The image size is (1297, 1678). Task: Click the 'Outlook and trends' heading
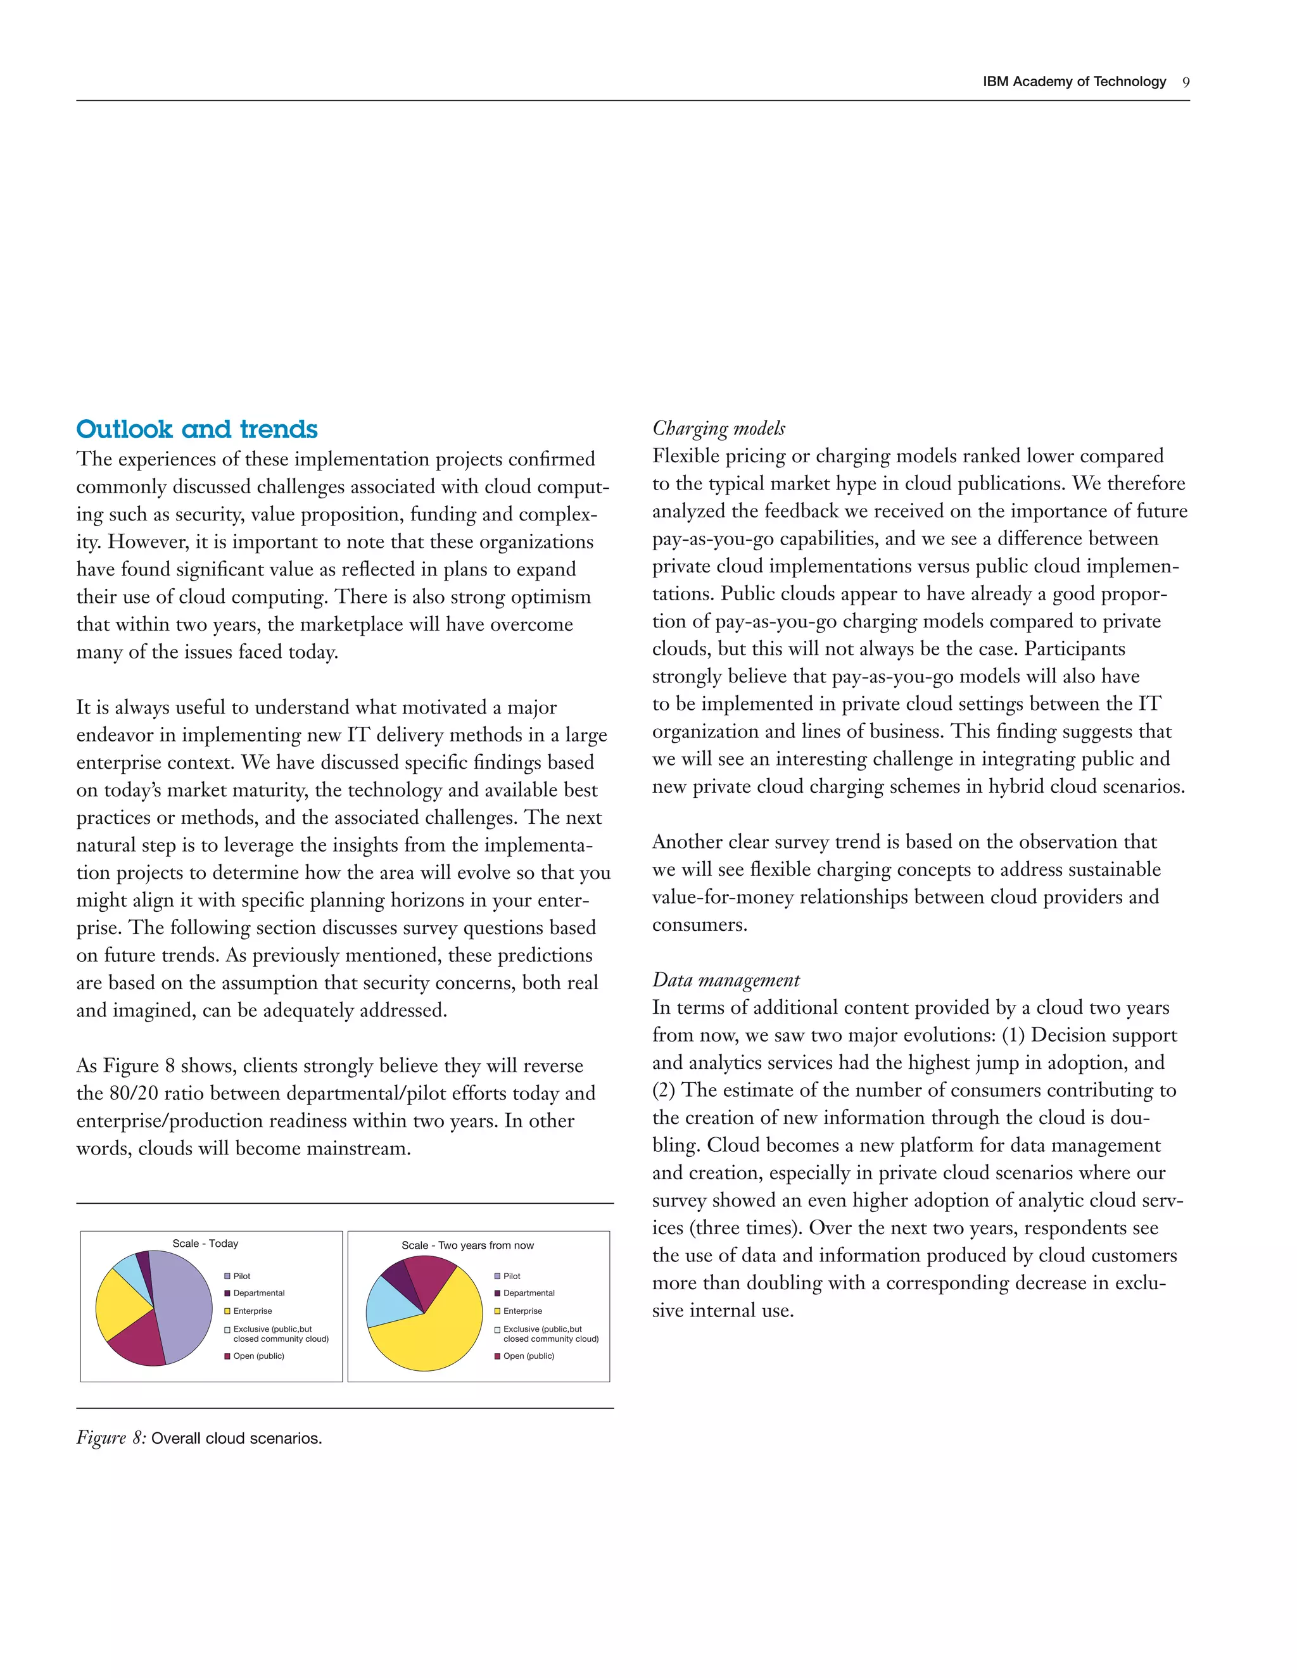(x=197, y=429)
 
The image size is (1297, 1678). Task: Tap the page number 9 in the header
(x=1186, y=82)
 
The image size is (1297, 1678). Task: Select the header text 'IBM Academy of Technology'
(x=1073, y=82)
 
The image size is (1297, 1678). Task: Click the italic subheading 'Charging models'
(x=718, y=428)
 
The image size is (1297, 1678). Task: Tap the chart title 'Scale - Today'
(x=205, y=1243)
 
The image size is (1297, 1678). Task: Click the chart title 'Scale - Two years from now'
(x=467, y=1246)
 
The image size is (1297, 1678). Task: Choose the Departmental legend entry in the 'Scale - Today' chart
(x=258, y=1293)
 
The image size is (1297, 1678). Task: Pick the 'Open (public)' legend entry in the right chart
(x=529, y=1356)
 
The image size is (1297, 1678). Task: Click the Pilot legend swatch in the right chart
(x=497, y=1276)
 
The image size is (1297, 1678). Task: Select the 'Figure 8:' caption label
(x=111, y=1437)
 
